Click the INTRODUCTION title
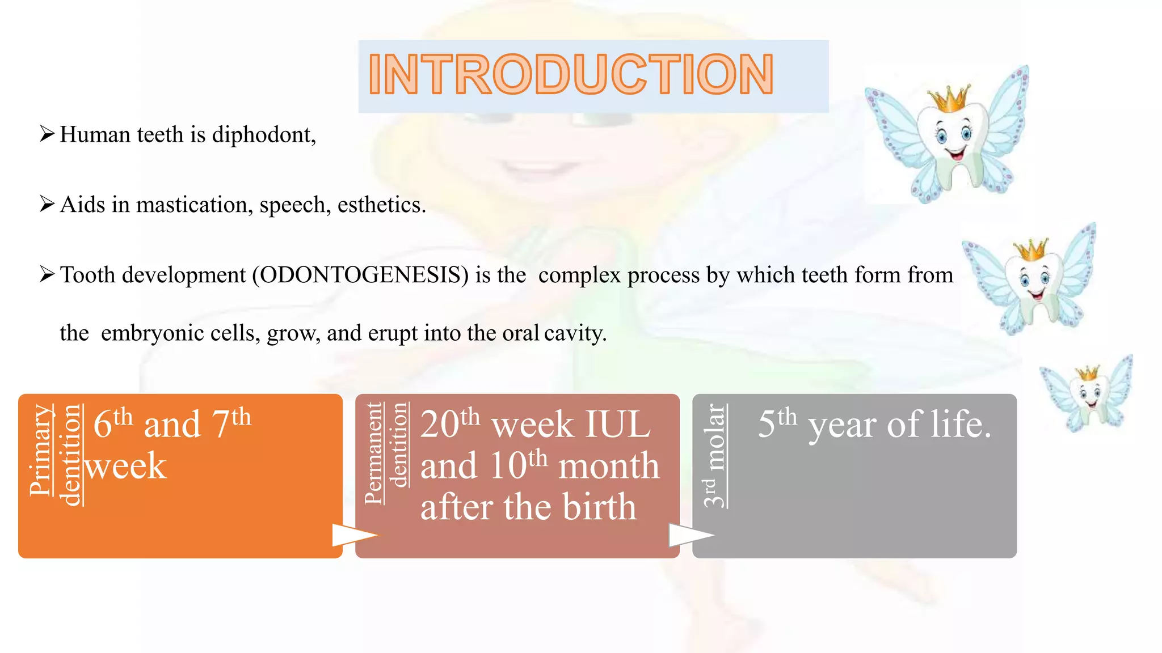[x=571, y=75]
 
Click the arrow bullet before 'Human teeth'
[x=47, y=134]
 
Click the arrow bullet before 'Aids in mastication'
[x=47, y=204]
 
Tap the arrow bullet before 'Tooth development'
[x=47, y=274]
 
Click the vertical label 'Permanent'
[x=373, y=453]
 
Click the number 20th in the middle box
[x=450, y=423]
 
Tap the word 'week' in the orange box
[x=126, y=466]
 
